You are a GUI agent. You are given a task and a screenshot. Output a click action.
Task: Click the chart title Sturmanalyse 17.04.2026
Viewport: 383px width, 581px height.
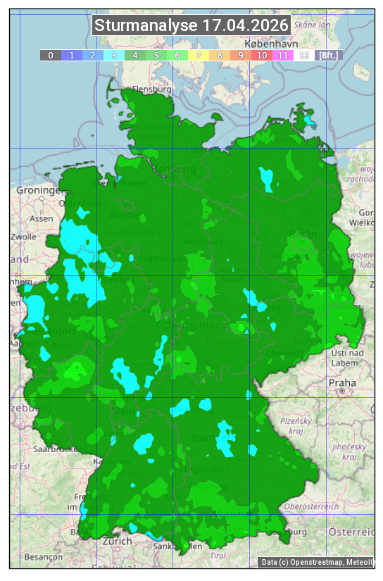pos(191,25)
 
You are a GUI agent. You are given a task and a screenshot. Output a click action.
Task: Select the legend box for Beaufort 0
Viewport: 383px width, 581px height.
pos(51,55)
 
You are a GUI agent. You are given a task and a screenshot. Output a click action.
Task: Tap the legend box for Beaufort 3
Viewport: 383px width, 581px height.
pos(114,55)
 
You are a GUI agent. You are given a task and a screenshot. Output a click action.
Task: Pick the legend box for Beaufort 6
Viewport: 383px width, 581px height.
pos(177,55)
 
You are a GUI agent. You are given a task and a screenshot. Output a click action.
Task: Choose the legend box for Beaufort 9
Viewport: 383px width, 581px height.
pos(241,55)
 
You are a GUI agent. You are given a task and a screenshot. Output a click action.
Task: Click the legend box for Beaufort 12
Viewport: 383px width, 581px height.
pos(304,55)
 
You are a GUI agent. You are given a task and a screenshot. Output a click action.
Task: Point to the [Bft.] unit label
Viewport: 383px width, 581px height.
pos(328,55)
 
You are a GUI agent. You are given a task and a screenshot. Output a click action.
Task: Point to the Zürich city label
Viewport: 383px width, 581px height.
pos(117,541)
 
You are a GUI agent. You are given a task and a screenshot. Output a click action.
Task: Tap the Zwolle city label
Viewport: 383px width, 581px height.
pos(23,237)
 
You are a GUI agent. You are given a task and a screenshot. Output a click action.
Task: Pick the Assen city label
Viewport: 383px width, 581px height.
pos(42,218)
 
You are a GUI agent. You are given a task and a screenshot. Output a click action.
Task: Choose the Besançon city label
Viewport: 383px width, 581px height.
pos(42,556)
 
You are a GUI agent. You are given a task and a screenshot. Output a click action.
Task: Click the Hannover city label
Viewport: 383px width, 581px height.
pos(163,258)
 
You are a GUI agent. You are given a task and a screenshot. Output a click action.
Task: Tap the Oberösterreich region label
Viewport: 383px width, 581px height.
pos(312,506)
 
